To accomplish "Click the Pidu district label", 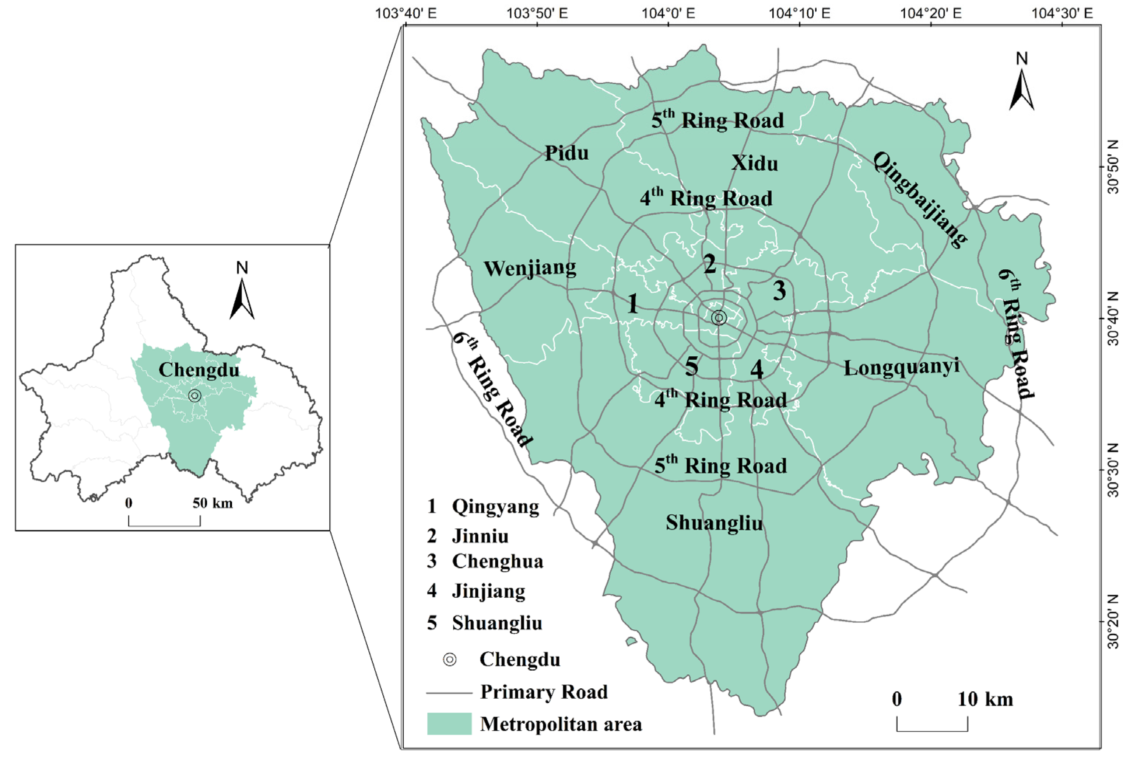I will [567, 153].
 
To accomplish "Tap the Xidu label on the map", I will [754, 164].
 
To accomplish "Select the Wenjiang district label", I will [530, 268].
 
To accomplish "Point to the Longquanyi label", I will [902, 367].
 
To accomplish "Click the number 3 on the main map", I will [779, 291].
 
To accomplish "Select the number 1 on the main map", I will [632, 304].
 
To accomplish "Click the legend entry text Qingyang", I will [495, 507].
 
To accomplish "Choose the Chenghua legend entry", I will [497, 561].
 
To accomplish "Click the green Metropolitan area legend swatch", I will [449, 724].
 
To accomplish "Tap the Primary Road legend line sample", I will [449, 693].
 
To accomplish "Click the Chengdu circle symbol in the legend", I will [450, 660].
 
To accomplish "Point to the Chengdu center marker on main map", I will [719, 318].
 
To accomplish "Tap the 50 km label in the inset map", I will [213, 503].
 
